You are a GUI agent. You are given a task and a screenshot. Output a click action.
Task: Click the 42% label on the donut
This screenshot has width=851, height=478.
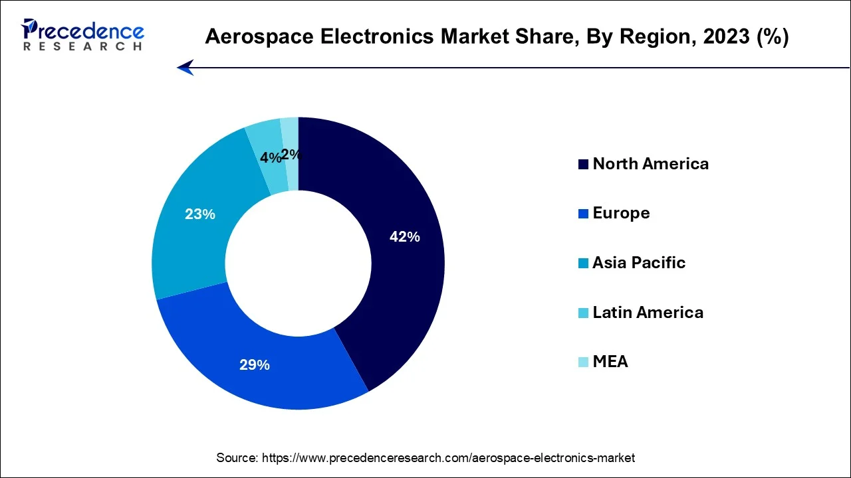point(404,236)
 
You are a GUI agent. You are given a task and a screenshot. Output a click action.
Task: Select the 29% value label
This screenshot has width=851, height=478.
point(255,364)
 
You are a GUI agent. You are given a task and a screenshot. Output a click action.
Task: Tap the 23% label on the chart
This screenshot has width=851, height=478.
point(200,214)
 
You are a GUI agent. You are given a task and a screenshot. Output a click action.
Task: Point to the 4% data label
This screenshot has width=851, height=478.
point(270,158)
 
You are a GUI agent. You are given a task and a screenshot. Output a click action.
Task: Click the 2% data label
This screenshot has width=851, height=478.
point(291,155)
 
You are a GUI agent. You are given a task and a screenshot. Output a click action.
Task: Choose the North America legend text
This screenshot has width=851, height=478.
point(650,163)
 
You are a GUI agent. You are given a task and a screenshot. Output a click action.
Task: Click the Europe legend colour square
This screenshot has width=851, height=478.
point(583,214)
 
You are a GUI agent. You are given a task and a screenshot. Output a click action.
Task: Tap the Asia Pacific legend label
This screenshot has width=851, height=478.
point(638,262)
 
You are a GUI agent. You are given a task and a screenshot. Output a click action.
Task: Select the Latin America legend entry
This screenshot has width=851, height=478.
point(648,312)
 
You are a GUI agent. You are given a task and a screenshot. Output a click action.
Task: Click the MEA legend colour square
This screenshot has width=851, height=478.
point(583,362)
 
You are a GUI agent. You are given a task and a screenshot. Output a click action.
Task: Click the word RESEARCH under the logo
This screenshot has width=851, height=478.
point(82,46)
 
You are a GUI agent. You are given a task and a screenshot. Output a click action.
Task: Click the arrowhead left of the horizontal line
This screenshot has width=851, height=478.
point(185,68)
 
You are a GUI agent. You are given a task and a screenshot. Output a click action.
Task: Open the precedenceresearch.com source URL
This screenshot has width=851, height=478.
point(448,458)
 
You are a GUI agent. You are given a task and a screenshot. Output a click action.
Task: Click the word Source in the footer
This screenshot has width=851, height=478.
point(237,458)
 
